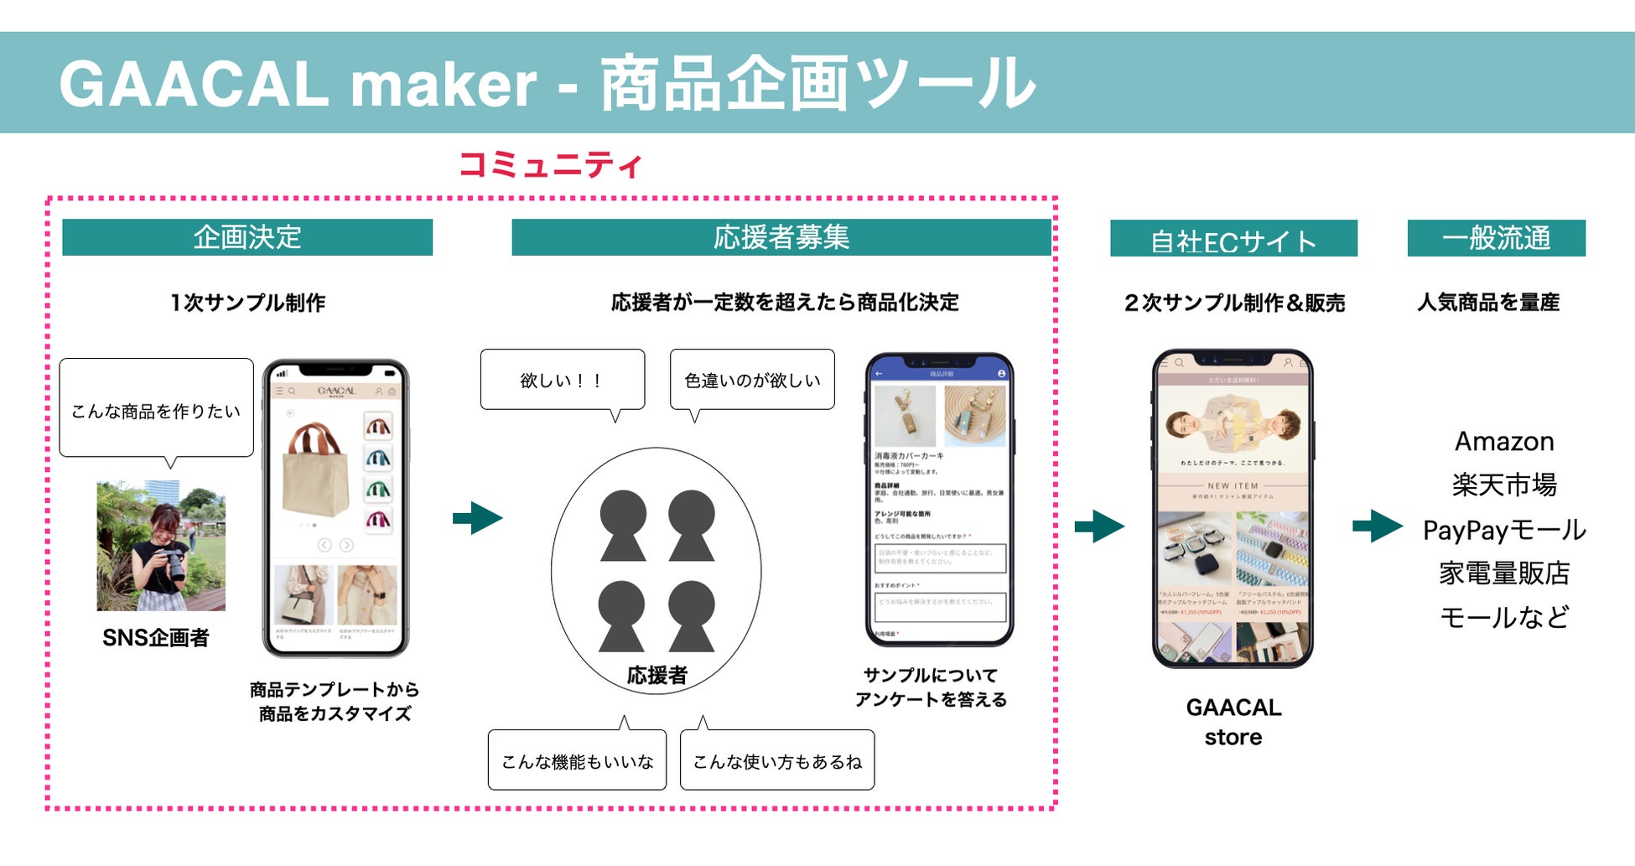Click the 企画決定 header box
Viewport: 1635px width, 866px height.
[247, 237]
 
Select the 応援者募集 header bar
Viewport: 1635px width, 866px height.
[781, 237]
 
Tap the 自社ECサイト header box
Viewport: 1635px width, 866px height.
[1233, 239]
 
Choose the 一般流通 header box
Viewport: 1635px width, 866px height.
[1496, 238]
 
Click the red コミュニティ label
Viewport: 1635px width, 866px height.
[551, 164]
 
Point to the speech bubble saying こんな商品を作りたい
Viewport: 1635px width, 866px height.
[156, 410]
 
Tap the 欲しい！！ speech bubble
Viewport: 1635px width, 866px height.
[562, 380]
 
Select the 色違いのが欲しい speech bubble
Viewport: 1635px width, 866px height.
[752, 380]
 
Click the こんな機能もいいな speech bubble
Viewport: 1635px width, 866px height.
[577, 760]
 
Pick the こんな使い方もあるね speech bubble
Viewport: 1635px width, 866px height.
[777, 760]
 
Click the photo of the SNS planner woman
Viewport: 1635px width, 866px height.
[161, 545]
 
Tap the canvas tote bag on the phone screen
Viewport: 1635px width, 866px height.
[316, 469]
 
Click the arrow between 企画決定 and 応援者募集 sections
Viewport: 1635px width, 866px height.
[478, 517]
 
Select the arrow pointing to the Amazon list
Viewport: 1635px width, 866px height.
[1377, 526]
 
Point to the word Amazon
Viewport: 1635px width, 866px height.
[1504, 441]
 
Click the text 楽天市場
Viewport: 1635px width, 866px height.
[1504, 485]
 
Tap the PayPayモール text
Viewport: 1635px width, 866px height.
[1504, 530]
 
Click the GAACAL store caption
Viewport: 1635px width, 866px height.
[1233, 722]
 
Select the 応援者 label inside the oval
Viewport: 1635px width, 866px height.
[657, 675]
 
